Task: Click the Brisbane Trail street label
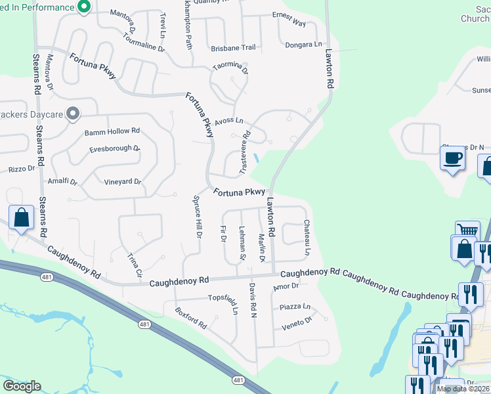[233, 48]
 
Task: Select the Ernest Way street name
[289, 23]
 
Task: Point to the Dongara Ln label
[304, 45]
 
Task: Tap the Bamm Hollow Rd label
[112, 132]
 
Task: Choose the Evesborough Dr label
[115, 149]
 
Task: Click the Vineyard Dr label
[123, 182]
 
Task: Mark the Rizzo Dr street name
[21, 169]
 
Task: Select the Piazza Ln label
[295, 307]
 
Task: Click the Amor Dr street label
[286, 286]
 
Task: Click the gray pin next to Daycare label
[73, 114]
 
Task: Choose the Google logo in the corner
[22, 385]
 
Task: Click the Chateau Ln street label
[307, 238]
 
